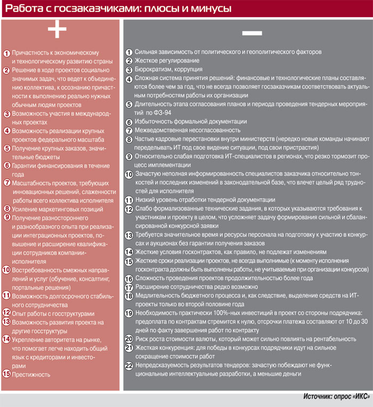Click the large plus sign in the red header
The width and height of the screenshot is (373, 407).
coord(57,31)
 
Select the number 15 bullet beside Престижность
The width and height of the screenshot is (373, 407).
coord(6,374)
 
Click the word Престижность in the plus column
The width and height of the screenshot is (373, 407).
coord(30,374)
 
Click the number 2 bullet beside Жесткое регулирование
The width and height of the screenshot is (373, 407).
coord(128,61)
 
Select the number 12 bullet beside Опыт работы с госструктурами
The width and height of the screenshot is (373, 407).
coord(6,313)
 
